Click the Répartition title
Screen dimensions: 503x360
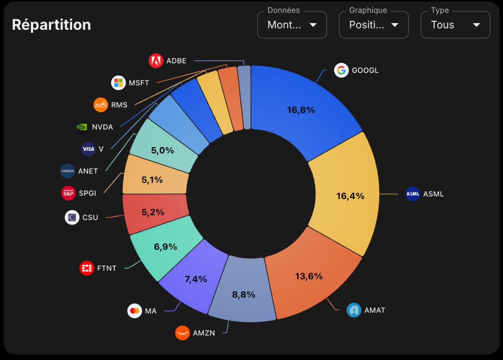pos(52,25)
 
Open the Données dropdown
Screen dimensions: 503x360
pos(292,25)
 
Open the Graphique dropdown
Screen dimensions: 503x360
pos(373,25)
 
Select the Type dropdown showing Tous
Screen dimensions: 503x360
pos(455,25)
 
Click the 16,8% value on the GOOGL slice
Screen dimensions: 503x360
pos(301,110)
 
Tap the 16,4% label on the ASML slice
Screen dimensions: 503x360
pos(350,196)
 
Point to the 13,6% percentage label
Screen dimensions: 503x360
pos(309,276)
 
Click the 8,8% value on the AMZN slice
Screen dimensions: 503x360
pos(244,295)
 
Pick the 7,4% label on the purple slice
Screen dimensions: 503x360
pos(196,279)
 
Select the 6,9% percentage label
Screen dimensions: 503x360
pos(166,247)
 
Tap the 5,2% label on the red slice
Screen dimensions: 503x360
pos(153,212)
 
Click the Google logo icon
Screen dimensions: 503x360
pos(341,70)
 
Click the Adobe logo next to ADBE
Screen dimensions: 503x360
pos(156,61)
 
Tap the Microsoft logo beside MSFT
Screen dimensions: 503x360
pos(118,83)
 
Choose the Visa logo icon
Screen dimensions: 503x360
pos(88,149)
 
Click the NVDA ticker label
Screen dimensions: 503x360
pos(102,127)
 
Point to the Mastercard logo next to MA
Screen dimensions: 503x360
pos(135,311)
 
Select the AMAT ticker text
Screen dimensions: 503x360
pos(375,310)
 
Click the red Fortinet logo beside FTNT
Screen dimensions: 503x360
pos(87,268)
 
